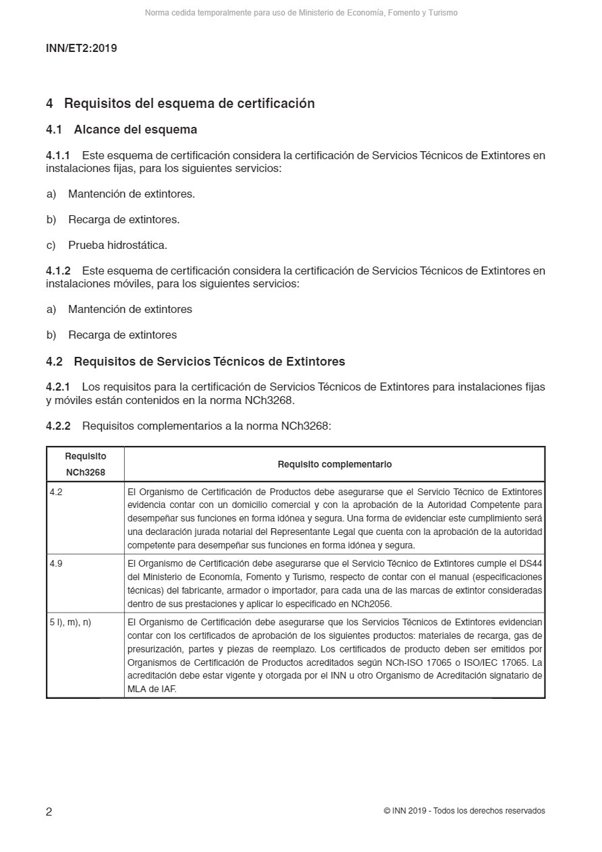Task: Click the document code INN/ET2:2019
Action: point(81,49)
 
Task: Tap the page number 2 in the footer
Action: point(49,812)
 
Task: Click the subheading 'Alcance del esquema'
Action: point(135,130)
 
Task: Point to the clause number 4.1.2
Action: point(58,271)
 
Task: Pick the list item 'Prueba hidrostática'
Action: point(117,245)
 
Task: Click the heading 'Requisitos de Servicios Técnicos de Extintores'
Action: point(209,362)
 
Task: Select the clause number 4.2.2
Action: point(58,426)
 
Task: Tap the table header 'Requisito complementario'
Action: point(334,464)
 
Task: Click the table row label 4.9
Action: point(56,563)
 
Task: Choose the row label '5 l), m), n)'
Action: point(70,622)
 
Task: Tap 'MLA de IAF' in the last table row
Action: point(152,689)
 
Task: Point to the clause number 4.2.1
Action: point(58,387)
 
